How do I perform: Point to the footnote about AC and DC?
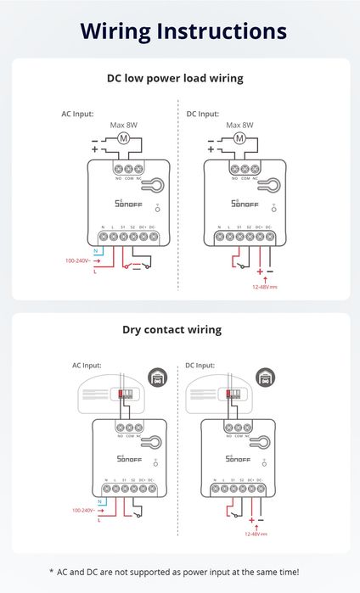[x=180, y=573]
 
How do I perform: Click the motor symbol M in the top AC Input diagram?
[x=123, y=138]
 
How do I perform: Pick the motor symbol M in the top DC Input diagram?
[x=239, y=138]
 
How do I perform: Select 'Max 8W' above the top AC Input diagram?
[x=123, y=125]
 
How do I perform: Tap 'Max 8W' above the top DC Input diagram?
[x=240, y=125]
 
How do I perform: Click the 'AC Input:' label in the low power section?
[x=77, y=113]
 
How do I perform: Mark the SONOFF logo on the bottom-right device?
[x=240, y=459]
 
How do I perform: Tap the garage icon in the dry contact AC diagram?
[x=156, y=378]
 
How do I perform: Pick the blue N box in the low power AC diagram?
[x=96, y=252]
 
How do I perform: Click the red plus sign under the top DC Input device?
[x=259, y=271]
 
